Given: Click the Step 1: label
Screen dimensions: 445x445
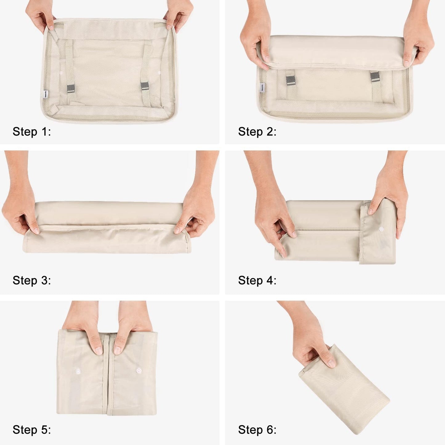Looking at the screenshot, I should click(32, 132).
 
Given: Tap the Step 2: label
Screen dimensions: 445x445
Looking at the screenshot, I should click(257, 132).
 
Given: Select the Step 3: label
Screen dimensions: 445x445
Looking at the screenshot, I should click(32, 281).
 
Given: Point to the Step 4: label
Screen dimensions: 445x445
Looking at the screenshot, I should click(257, 281).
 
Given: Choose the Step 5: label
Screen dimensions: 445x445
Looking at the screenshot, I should click(32, 430).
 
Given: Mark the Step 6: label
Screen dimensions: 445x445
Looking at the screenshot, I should click(257, 430).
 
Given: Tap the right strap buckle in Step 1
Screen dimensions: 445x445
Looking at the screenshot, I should click(144, 86).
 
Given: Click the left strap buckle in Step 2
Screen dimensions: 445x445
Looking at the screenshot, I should click(290, 81).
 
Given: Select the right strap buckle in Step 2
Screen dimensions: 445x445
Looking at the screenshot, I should click(375, 77).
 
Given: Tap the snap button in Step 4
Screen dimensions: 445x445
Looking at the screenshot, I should click(381, 229).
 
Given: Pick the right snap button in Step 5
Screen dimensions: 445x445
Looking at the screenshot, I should click(139, 371).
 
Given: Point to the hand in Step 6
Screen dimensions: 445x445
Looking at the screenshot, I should click(311, 342).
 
